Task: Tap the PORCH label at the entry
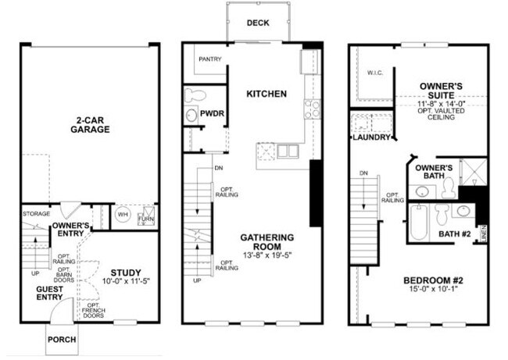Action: pos(62,340)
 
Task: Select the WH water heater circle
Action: pos(122,213)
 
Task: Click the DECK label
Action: pos(257,23)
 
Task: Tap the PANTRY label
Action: pos(209,59)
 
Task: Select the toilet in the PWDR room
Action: pos(194,97)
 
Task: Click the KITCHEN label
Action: pos(267,94)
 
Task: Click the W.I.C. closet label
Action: pos(374,73)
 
